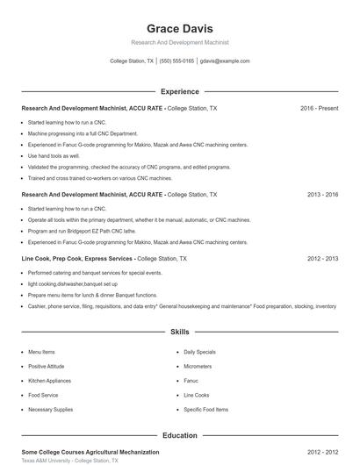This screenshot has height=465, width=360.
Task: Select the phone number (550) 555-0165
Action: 176,61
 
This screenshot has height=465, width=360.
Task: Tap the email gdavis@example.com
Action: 225,61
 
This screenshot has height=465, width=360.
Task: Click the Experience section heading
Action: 179,91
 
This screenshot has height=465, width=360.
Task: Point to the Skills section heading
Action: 179,333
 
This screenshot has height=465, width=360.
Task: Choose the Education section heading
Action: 179,435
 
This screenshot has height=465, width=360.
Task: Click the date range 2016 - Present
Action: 319,108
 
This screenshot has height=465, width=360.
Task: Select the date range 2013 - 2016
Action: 322,194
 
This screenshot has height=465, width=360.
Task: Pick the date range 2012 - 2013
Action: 322,260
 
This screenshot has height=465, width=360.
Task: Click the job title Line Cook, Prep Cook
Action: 53,260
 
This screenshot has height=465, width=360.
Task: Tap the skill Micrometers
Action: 198,366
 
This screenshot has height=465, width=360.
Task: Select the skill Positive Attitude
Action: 47,366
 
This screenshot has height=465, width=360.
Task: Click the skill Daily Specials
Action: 199,352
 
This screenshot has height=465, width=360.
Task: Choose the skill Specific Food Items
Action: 205,410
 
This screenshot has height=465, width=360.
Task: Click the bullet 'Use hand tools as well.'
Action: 54,155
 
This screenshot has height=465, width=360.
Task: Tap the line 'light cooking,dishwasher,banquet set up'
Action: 72,284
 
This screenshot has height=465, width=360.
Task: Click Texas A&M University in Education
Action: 48,460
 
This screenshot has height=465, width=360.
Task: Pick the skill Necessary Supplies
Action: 50,410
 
